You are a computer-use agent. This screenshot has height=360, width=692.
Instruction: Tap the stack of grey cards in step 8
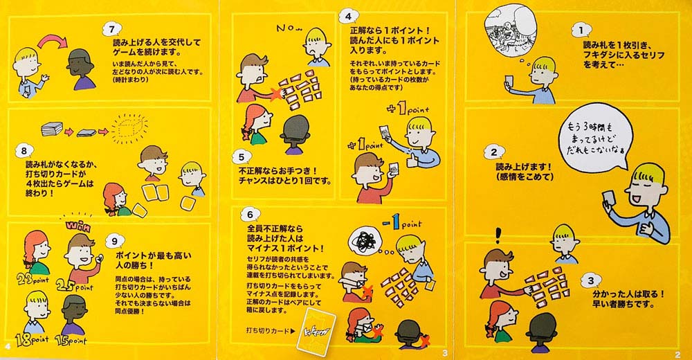pyautogui.click(x=51, y=129)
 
